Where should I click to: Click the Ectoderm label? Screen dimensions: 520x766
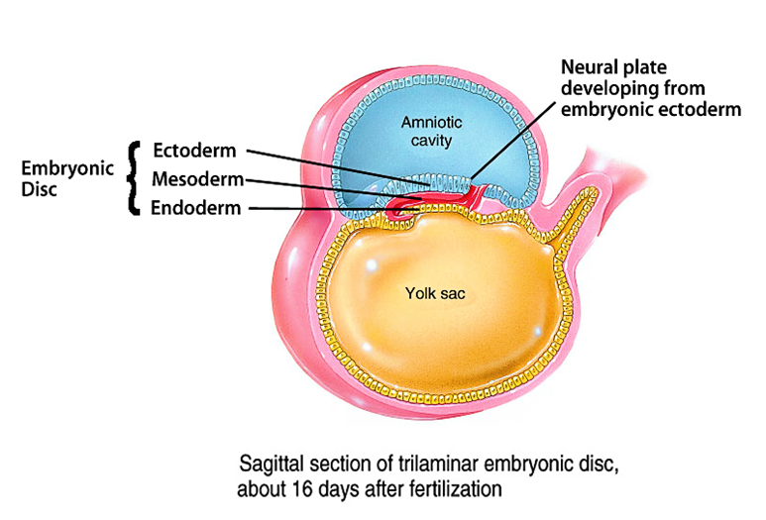click(194, 152)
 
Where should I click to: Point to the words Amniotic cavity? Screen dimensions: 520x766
click(427, 131)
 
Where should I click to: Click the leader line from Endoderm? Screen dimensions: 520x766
click(327, 208)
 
